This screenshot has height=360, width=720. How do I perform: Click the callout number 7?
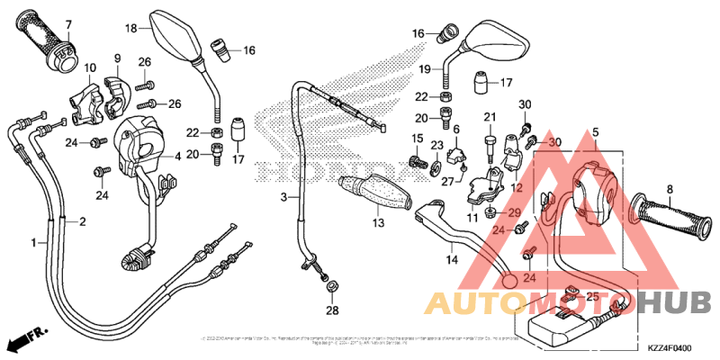click(x=68, y=22)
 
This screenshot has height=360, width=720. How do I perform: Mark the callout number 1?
click(x=34, y=243)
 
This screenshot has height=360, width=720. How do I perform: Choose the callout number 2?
click(x=82, y=221)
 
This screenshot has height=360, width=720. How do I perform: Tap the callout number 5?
click(x=594, y=134)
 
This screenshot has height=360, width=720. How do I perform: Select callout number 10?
click(x=90, y=67)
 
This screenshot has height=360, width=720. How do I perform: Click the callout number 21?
click(x=490, y=117)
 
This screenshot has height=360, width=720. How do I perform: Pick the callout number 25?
click(x=591, y=295)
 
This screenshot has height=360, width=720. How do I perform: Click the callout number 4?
click(x=178, y=156)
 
